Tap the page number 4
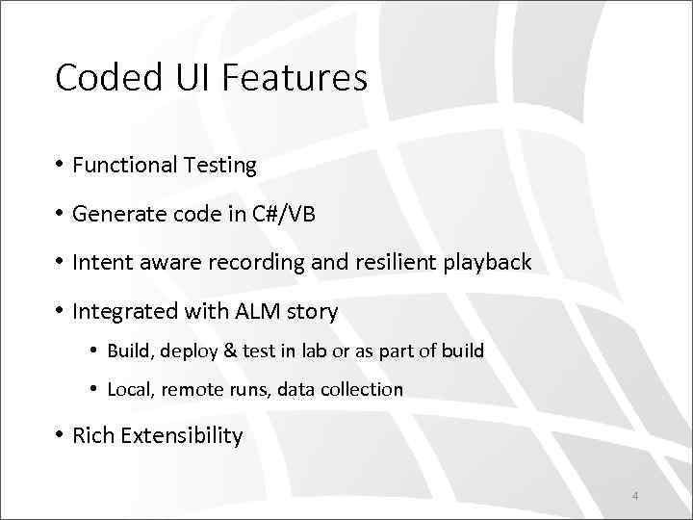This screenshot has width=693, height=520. tap(635, 496)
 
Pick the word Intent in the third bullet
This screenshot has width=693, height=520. tap(101, 262)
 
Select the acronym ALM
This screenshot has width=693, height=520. tap(253, 311)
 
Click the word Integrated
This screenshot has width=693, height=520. tap(122, 311)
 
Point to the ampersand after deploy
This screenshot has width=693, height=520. tap(227, 351)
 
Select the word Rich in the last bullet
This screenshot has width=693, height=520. tap(92, 436)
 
